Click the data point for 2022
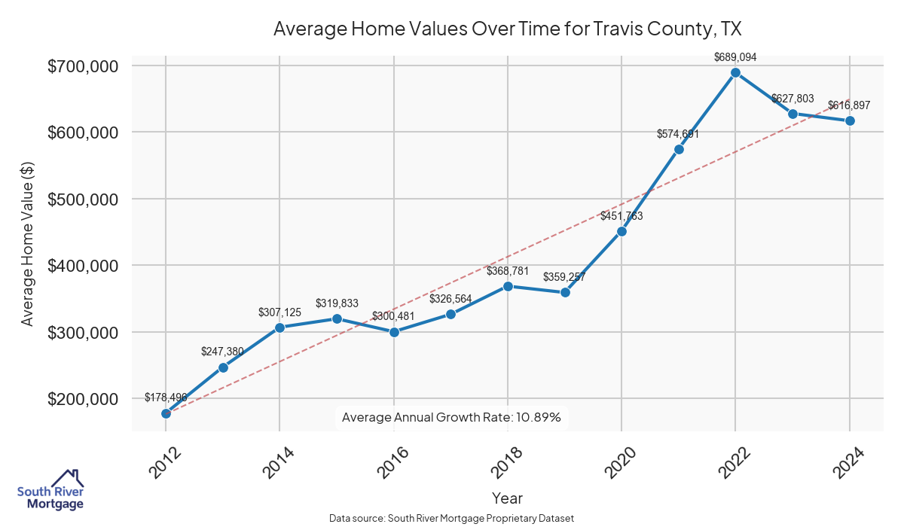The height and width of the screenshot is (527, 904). (x=735, y=73)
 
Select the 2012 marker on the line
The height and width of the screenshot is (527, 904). (x=166, y=413)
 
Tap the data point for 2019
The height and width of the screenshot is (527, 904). (x=565, y=292)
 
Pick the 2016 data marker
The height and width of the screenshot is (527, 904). (x=393, y=332)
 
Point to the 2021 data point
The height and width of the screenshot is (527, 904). (x=679, y=149)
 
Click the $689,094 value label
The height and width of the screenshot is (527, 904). (x=735, y=56)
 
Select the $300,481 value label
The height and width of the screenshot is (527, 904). (x=393, y=315)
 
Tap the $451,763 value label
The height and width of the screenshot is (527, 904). (x=621, y=216)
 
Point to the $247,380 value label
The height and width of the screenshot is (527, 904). (x=223, y=352)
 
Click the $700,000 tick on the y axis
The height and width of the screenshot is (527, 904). (x=83, y=66)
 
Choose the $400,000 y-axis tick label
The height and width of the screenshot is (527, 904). (x=83, y=266)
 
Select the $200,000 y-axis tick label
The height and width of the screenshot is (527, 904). (x=83, y=399)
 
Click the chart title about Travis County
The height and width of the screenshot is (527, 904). (x=508, y=29)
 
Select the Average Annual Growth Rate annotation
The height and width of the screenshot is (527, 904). (x=451, y=417)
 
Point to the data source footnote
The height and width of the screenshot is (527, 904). (x=452, y=518)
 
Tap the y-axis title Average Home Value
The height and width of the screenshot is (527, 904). (x=28, y=242)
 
